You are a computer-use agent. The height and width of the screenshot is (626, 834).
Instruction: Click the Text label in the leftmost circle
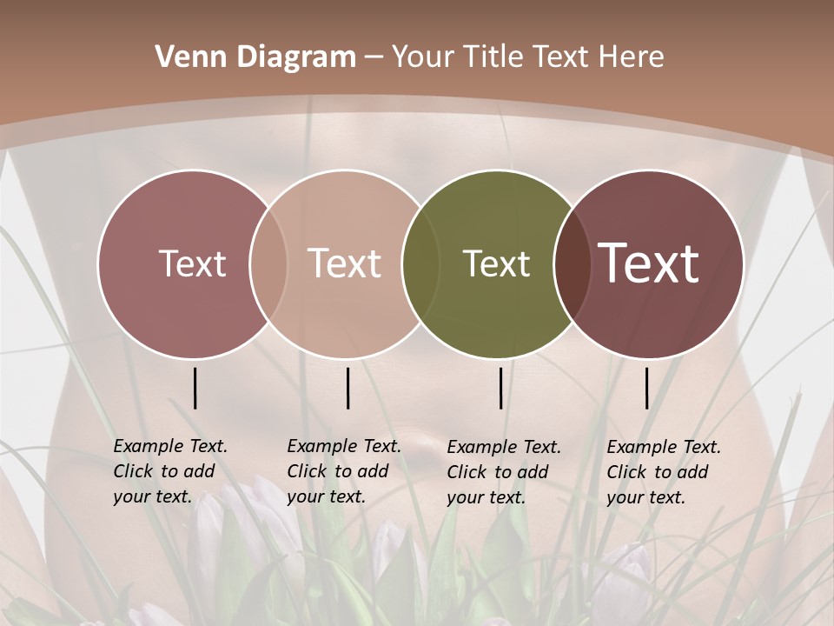192,263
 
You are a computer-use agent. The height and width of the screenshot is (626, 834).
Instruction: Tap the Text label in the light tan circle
344,263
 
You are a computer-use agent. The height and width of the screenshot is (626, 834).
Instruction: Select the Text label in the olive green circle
496,263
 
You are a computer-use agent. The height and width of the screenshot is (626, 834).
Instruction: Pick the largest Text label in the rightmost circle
649,263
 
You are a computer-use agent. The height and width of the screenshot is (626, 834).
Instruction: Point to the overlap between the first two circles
268,263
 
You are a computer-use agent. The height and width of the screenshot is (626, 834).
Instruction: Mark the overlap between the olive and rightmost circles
571,263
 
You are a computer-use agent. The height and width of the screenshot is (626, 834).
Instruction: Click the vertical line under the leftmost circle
195,388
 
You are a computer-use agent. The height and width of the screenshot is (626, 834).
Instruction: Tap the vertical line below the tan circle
347,388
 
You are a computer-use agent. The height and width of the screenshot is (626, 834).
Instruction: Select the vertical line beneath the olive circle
500,388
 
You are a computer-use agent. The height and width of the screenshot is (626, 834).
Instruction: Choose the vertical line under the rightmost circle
646,388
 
